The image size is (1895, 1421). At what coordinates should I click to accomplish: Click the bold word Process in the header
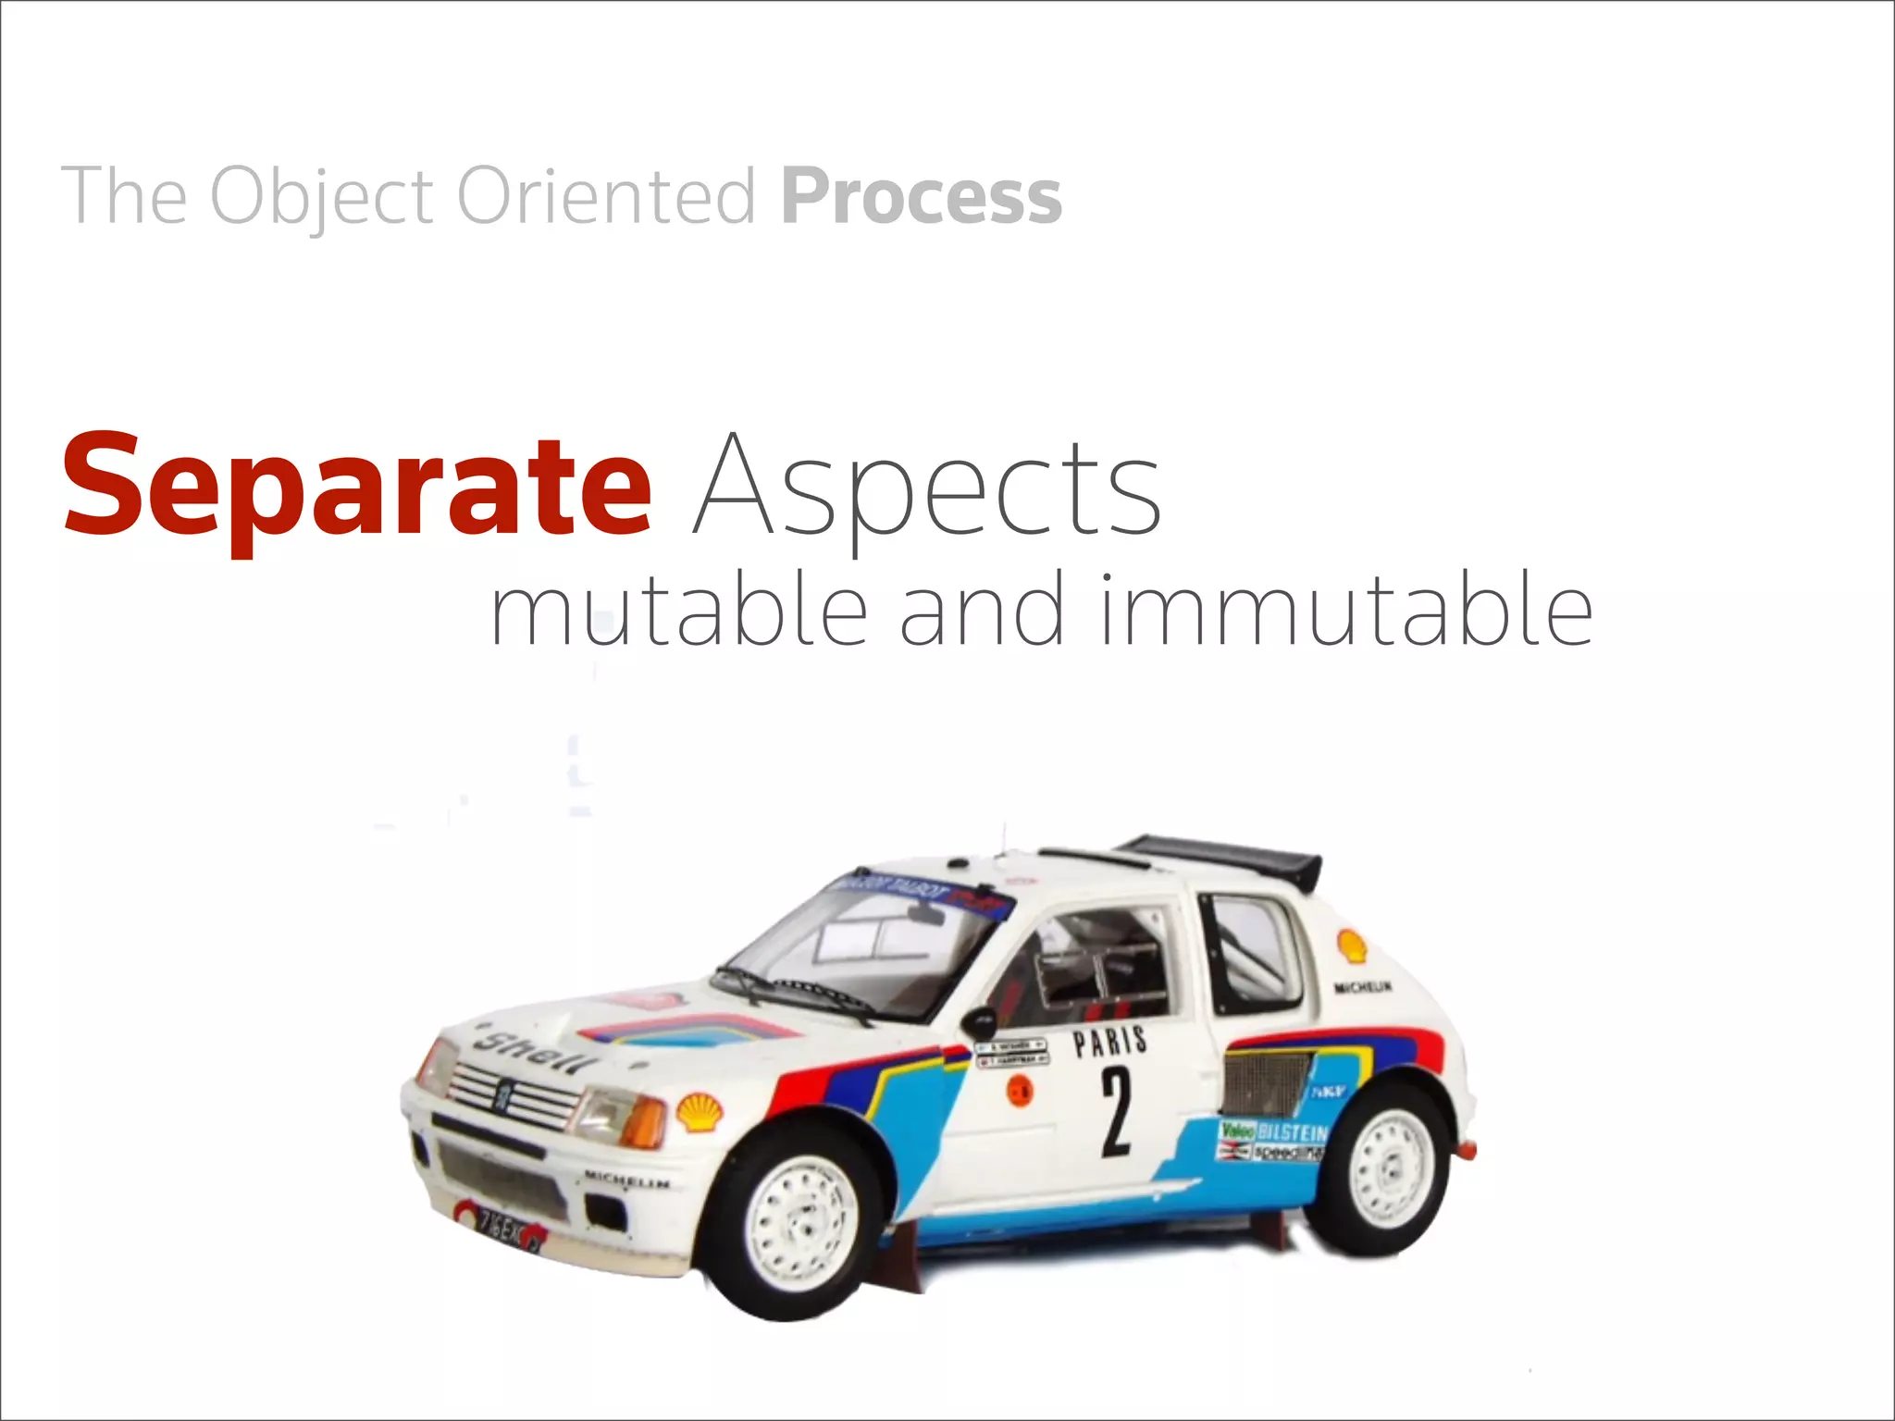coord(921,196)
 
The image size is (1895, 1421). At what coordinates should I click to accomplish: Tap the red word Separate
coord(357,486)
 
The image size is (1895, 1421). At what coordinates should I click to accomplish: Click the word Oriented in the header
coord(606,196)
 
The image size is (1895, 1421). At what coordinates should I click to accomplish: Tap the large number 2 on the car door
coord(1116,1111)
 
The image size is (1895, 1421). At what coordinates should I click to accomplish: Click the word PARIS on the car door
coord(1109,1043)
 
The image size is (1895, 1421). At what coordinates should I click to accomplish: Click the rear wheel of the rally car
coord(1385,1167)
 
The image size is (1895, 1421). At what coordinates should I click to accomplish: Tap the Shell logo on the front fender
coord(700,1111)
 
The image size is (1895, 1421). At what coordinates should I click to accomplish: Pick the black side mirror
coord(978,1022)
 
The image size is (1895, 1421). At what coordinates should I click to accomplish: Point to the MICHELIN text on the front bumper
coord(626,1181)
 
